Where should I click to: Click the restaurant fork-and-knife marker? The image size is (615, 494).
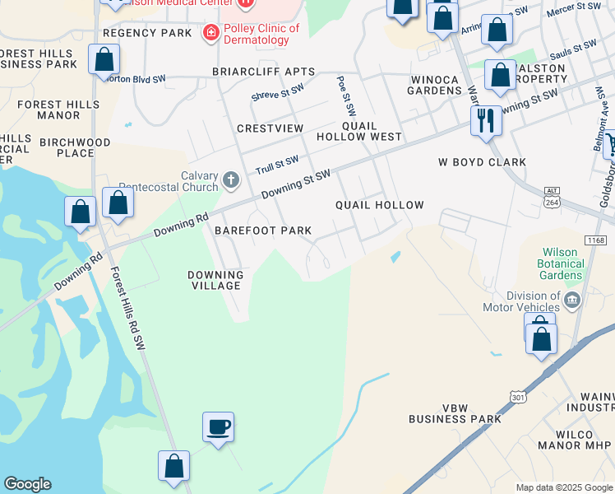486,122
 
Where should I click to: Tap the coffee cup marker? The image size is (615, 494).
218,427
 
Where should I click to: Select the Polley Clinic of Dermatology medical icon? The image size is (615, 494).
211,32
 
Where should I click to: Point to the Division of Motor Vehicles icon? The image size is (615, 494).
573,299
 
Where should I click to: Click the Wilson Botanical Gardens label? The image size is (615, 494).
562,263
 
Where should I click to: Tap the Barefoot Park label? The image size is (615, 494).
263,231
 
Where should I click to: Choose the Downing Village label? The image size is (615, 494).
215,280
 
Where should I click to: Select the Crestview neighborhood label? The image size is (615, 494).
270,128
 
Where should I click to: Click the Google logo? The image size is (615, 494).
27,484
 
